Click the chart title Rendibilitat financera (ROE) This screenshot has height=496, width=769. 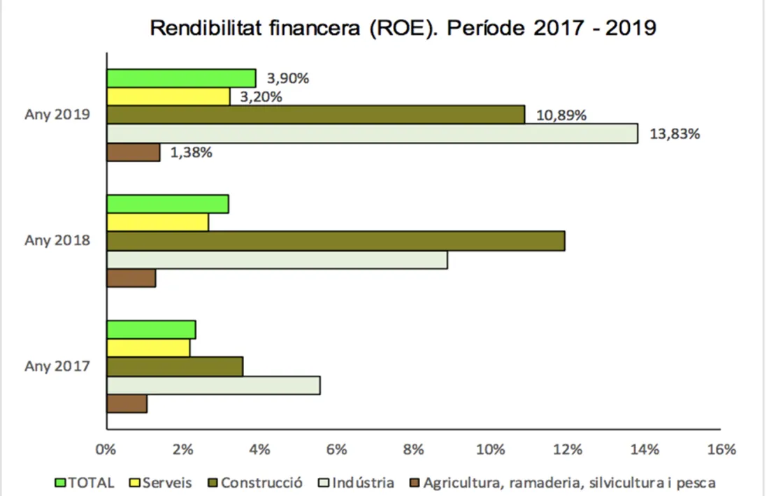pos(403,29)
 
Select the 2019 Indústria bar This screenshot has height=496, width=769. pos(371,133)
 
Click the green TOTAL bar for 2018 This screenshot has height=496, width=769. pos(167,204)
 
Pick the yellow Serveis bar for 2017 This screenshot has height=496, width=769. pos(148,348)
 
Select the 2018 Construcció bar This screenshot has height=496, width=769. pos(335,241)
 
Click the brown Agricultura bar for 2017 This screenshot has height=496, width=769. pos(127,404)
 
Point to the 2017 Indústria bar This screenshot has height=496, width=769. pos(213,385)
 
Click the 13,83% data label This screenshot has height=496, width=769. pos(675,133)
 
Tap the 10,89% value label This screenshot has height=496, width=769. pos(561,115)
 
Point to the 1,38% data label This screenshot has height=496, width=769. pos(188,152)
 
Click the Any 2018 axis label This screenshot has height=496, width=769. pos(57,241)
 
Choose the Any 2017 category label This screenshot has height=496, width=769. pos(57,366)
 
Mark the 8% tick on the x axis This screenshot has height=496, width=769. pos(414,450)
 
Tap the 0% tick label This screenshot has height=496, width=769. pos(106,450)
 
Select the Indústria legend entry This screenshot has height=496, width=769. pos(358,482)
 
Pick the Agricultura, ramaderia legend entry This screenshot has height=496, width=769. pos(563,482)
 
